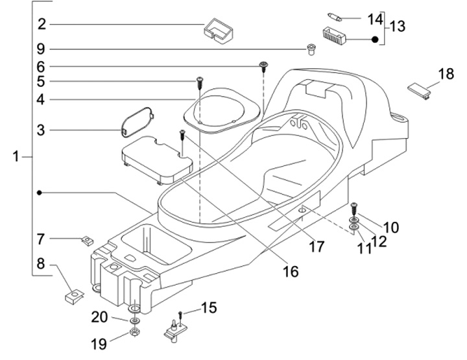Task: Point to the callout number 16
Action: [291, 271]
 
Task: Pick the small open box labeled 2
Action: [219, 30]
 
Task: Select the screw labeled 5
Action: [200, 81]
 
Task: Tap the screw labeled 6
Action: [264, 65]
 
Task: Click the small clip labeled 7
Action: [86, 241]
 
